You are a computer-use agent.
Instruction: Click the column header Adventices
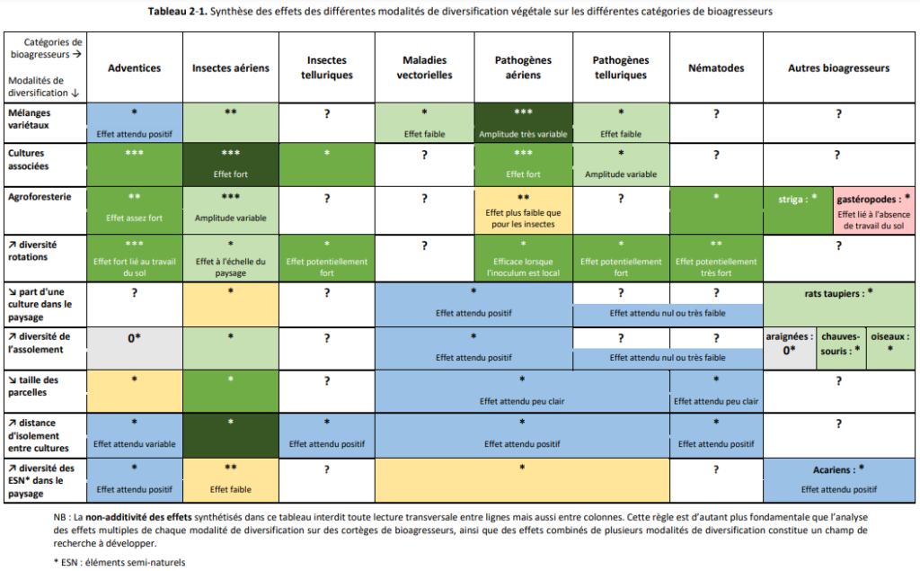coord(134,68)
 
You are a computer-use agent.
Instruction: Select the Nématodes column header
coord(716,68)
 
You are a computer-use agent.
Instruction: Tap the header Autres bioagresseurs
coord(838,68)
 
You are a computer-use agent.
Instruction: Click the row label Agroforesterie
coord(40,197)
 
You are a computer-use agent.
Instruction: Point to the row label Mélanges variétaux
coord(30,119)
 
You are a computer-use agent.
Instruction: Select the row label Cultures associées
coord(28,159)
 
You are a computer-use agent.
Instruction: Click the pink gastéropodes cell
coord(873,211)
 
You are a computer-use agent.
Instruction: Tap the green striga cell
coord(798,211)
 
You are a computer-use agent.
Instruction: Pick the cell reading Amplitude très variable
coord(523,123)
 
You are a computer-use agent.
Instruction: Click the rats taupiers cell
coord(838,304)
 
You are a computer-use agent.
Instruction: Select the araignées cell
coord(789,348)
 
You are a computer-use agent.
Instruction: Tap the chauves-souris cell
coord(841,348)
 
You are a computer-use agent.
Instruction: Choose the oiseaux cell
coord(890,348)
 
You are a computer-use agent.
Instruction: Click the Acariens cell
coord(838,480)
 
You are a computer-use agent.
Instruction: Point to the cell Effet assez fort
coord(135,211)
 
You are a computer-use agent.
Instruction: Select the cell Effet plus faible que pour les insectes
coord(523,211)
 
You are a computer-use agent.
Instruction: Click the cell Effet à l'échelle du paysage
coord(231,258)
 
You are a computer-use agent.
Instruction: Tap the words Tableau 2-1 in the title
coord(177,12)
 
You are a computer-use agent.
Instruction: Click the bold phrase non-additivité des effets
coord(138,518)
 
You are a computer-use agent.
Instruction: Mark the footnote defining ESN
coord(119,562)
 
